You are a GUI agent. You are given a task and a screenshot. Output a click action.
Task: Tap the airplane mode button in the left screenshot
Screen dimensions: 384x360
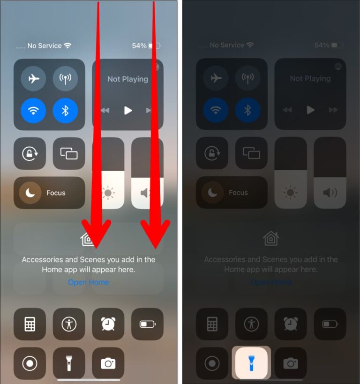point(34,79)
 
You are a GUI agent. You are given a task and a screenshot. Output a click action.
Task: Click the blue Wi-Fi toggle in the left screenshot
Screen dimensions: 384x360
point(34,111)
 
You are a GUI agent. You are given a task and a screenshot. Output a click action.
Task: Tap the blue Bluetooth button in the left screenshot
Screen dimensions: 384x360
point(65,111)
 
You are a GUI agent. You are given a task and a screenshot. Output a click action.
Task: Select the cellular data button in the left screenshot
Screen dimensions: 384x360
point(65,79)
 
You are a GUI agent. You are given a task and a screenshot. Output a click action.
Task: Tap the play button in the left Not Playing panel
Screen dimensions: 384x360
point(127,111)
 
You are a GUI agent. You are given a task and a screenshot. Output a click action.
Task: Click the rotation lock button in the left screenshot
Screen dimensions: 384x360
point(30,153)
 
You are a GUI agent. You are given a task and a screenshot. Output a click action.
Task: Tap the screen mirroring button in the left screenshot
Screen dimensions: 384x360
point(69,153)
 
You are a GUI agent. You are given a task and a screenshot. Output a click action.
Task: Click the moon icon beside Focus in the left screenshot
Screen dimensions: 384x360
point(31,193)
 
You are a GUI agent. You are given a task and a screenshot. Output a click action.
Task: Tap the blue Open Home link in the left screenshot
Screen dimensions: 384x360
point(88,282)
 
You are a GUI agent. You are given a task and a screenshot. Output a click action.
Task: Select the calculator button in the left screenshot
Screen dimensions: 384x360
point(30,324)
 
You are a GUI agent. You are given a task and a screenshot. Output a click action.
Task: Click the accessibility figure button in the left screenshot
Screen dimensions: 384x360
point(69,324)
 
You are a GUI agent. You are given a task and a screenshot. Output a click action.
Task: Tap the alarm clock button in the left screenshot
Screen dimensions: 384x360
point(108,324)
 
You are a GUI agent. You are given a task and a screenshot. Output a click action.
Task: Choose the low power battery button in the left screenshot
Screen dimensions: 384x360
point(147,324)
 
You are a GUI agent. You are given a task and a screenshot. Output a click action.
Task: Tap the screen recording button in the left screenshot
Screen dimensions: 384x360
point(30,363)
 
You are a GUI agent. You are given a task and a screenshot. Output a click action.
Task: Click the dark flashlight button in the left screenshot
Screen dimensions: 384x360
point(69,363)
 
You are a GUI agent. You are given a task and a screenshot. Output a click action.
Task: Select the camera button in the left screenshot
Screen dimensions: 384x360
point(108,363)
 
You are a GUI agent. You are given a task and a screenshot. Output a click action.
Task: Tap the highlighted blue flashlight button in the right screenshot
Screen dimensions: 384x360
point(251,363)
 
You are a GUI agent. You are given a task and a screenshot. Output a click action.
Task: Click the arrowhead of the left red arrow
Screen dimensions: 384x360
point(96,234)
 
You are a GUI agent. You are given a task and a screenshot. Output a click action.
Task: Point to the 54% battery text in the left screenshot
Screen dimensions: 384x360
point(139,45)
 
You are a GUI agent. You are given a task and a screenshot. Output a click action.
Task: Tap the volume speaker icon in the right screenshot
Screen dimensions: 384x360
point(330,192)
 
